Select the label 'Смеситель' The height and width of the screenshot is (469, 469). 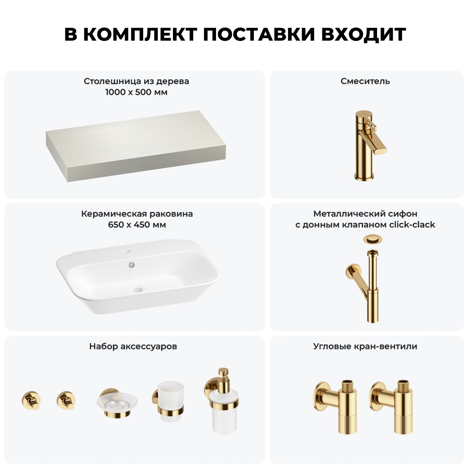[x=365, y=81]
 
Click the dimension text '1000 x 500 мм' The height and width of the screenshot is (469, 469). [x=136, y=92]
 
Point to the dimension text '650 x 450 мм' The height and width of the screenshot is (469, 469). [x=137, y=225]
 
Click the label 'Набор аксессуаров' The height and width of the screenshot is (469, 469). [x=133, y=346]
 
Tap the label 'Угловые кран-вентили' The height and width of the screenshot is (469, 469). [x=365, y=346]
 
